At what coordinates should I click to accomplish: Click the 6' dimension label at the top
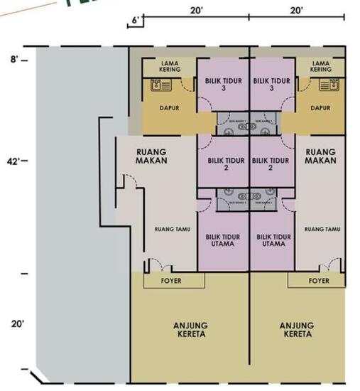coord(136,21)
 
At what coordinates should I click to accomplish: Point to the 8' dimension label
coord(14,60)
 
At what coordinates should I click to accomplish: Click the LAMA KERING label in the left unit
coord(170,67)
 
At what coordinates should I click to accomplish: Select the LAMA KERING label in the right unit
coord(321,67)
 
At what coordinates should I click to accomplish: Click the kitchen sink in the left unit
coord(160,86)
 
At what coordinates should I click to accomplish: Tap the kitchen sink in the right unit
coord(328,86)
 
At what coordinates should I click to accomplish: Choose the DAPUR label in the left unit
coord(169,109)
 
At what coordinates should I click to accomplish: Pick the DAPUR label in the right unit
coord(321,109)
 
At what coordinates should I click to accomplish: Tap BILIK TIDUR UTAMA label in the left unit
coord(223,240)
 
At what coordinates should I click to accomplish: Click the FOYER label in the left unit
coord(170,281)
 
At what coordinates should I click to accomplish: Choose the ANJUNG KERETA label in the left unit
coord(191,330)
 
